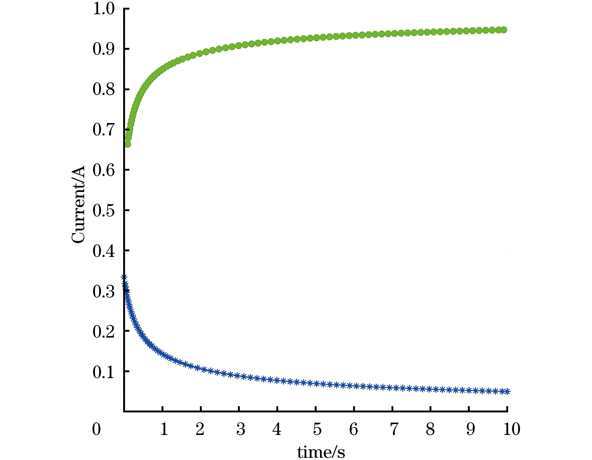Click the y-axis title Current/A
pyautogui.click(x=78, y=205)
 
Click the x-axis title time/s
pyautogui.click(x=321, y=452)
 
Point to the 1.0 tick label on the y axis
pyautogui.click(x=104, y=9)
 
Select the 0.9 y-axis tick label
pyautogui.click(x=104, y=49)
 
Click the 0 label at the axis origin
pyautogui.click(x=97, y=429)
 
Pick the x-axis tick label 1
pyautogui.click(x=164, y=429)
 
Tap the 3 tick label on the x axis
pyautogui.click(x=240, y=429)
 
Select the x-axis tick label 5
pyautogui.click(x=317, y=429)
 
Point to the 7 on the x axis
pyautogui.click(x=394, y=429)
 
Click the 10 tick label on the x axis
pyautogui.click(x=512, y=429)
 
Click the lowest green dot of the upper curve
pyautogui.click(x=127, y=144)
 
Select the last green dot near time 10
pyautogui.click(x=504, y=30)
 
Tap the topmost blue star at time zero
pyautogui.click(x=124, y=277)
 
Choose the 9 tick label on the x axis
pyautogui.click(x=470, y=429)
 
